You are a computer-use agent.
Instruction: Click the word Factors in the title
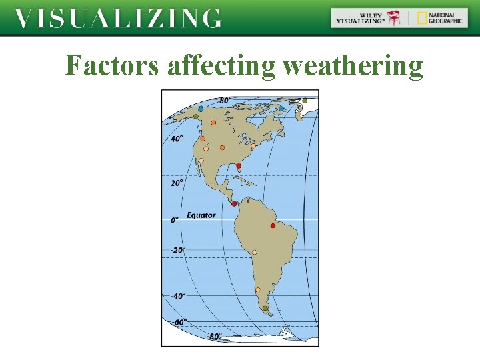coord(113,66)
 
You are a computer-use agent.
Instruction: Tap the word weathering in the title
coord(353,67)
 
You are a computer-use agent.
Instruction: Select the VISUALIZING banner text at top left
coord(118,19)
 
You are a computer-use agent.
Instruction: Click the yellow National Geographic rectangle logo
coord(422,18)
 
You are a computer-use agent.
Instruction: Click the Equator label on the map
coord(201,215)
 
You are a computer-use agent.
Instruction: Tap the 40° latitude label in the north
coord(177,139)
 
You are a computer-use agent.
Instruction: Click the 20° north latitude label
coord(177,183)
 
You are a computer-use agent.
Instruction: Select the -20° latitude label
coord(177,250)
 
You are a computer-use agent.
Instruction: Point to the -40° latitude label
coord(177,295)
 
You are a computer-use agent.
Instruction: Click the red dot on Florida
coord(239,166)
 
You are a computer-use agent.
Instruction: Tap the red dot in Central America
coord(233,204)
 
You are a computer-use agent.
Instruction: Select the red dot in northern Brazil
coord(273,226)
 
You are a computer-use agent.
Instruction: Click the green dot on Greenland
coord(305,101)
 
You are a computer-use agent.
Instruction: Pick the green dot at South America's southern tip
coord(265,309)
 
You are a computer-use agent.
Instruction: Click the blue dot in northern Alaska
coord(201,109)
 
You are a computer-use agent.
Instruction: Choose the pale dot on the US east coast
coord(253,146)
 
